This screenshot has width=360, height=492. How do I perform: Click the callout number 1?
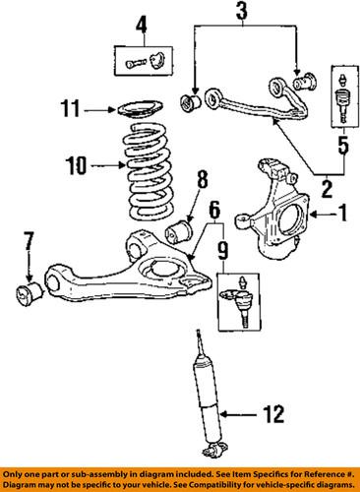tap(342, 214)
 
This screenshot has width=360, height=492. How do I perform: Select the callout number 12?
tap(274, 414)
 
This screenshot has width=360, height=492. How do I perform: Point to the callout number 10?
tap(76, 165)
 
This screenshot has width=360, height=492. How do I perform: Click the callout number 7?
tap(28, 242)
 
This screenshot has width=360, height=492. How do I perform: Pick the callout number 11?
tap(70, 108)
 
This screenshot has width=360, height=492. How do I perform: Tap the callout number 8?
tap(202, 180)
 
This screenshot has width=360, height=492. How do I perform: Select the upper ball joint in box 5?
tap(342, 97)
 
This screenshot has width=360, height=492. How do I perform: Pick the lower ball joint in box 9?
tap(241, 298)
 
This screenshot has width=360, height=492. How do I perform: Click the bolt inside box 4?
tap(135, 63)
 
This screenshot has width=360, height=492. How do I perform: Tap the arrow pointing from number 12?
tap(237, 414)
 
